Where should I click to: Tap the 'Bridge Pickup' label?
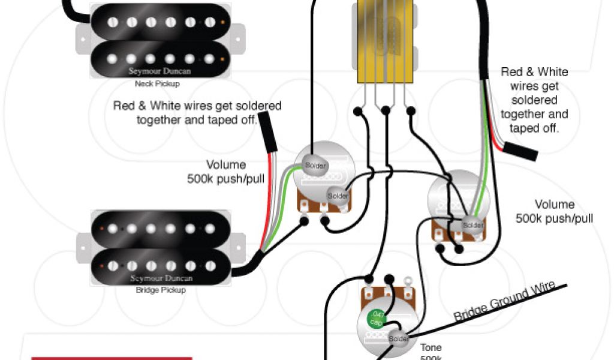(x=160, y=290)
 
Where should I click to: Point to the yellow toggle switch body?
(x=385, y=42)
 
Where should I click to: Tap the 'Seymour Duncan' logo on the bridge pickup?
(x=160, y=278)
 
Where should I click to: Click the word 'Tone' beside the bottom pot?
(x=431, y=347)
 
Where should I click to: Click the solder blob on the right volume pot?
(x=472, y=225)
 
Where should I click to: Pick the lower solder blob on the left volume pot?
(x=338, y=196)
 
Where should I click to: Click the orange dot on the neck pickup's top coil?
(x=224, y=23)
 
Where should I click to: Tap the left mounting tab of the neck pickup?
(x=82, y=40)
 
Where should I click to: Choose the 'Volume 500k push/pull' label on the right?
(x=554, y=211)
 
